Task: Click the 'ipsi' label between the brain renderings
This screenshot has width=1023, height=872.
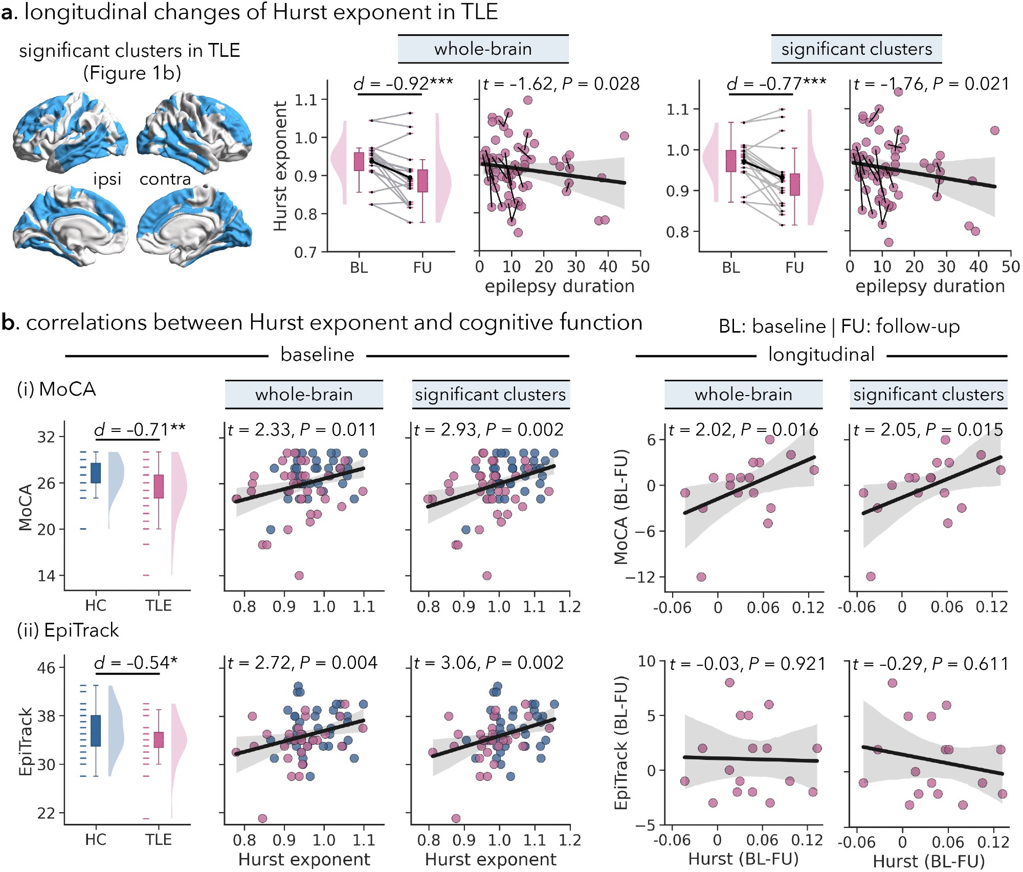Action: pyautogui.click(x=107, y=179)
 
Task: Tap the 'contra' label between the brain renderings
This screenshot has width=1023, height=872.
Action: pyautogui.click(x=165, y=179)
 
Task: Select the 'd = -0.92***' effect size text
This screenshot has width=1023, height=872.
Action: pyautogui.click(x=403, y=83)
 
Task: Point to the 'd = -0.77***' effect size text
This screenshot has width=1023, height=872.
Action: pyautogui.click(x=776, y=83)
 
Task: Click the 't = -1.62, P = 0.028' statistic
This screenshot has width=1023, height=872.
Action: pyautogui.click(x=561, y=84)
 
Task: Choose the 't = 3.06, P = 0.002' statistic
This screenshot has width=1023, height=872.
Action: pyautogui.click(x=488, y=663)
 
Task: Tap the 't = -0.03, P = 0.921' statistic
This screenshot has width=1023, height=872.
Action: pyautogui.click(x=747, y=664)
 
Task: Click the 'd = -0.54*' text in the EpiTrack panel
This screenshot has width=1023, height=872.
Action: pyautogui.click(x=136, y=663)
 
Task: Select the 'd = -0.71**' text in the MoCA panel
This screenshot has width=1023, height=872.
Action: pyautogui.click(x=139, y=429)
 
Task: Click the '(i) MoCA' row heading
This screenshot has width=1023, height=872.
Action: pyautogui.click(x=56, y=389)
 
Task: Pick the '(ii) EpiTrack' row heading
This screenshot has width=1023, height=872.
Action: pyautogui.click(x=68, y=630)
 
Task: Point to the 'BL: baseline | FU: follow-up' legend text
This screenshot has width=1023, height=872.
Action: pyautogui.click(x=839, y=326)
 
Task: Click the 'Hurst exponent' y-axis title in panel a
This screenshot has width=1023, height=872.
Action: pyautogui.click(x=280, y=166)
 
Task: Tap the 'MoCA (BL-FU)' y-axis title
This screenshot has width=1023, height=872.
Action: pyautogui.click(x=620, y=507)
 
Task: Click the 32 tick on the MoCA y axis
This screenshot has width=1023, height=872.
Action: pyautogui.click(x=46, y=437)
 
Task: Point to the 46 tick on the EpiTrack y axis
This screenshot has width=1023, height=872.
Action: pyautogui.click(x=46, y=668)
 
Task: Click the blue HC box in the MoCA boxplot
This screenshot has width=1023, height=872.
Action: pyautogui.click(x=96, y=473)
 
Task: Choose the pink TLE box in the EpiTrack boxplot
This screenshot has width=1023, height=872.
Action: pyautogui.click(x=159, y=740)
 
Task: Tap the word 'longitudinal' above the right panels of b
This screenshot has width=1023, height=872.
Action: pyautogui.click(x=821, y=355)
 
